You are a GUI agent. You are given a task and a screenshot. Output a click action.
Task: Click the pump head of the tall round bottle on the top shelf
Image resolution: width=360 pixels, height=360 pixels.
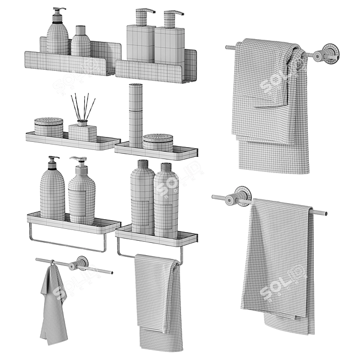pyautogui.click(x=58, y=12)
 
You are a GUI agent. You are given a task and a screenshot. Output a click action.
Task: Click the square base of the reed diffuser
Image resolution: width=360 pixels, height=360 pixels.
pyautogui.click(x=82, y=132)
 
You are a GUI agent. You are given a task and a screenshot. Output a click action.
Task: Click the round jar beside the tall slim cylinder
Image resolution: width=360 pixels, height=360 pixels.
pyautogui.click(x=158, y=142)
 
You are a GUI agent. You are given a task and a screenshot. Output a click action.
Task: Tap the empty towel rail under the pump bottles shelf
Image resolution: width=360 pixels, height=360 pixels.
pyautogui.click(x=67, y=244)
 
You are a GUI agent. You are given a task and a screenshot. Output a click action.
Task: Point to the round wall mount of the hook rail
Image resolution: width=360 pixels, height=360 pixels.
pyautogui.click(x=82, y=263)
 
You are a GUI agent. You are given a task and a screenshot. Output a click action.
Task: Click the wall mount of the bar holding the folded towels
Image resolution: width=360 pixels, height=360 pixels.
pyautogui.click(x=326, y=54)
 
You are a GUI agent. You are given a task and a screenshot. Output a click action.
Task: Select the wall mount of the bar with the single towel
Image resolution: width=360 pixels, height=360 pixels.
pyautogui.click(x=241, y=197)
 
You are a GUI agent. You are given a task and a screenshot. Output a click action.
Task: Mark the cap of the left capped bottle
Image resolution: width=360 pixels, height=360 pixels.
pyautogui.click(x=142, y=164)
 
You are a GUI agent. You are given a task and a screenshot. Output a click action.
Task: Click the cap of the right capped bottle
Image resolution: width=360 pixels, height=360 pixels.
pyautogui.click(x=166, y=166)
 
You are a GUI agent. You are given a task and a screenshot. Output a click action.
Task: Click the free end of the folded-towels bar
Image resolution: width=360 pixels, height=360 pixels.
pyautogui.click(x=228, y=47)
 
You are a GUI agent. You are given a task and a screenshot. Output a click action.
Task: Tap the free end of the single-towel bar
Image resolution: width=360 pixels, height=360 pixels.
pyautogui.click(x=324, y=213)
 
